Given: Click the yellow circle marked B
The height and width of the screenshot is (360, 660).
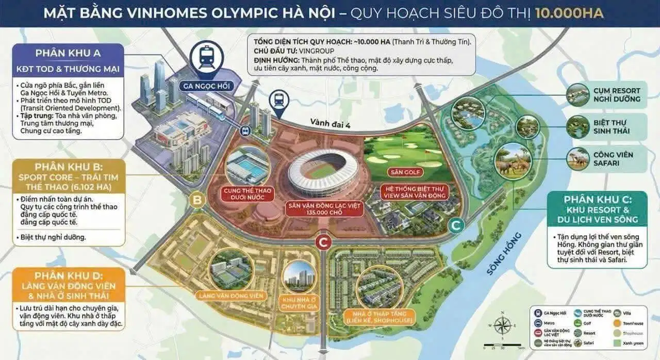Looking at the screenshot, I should pos(196,200).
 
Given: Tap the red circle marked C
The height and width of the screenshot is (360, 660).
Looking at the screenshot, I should pos(323,241).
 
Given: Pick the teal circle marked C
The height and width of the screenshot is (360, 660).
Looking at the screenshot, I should pos(455,224).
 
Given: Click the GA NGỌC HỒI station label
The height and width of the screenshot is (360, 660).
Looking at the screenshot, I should pos(206,86).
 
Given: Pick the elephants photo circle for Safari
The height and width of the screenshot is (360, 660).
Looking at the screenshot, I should pos(513,160).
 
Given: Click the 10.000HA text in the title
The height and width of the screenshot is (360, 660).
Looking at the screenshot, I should pos(569,12).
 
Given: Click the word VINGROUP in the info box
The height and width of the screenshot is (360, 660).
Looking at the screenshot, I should pos(317,51).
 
